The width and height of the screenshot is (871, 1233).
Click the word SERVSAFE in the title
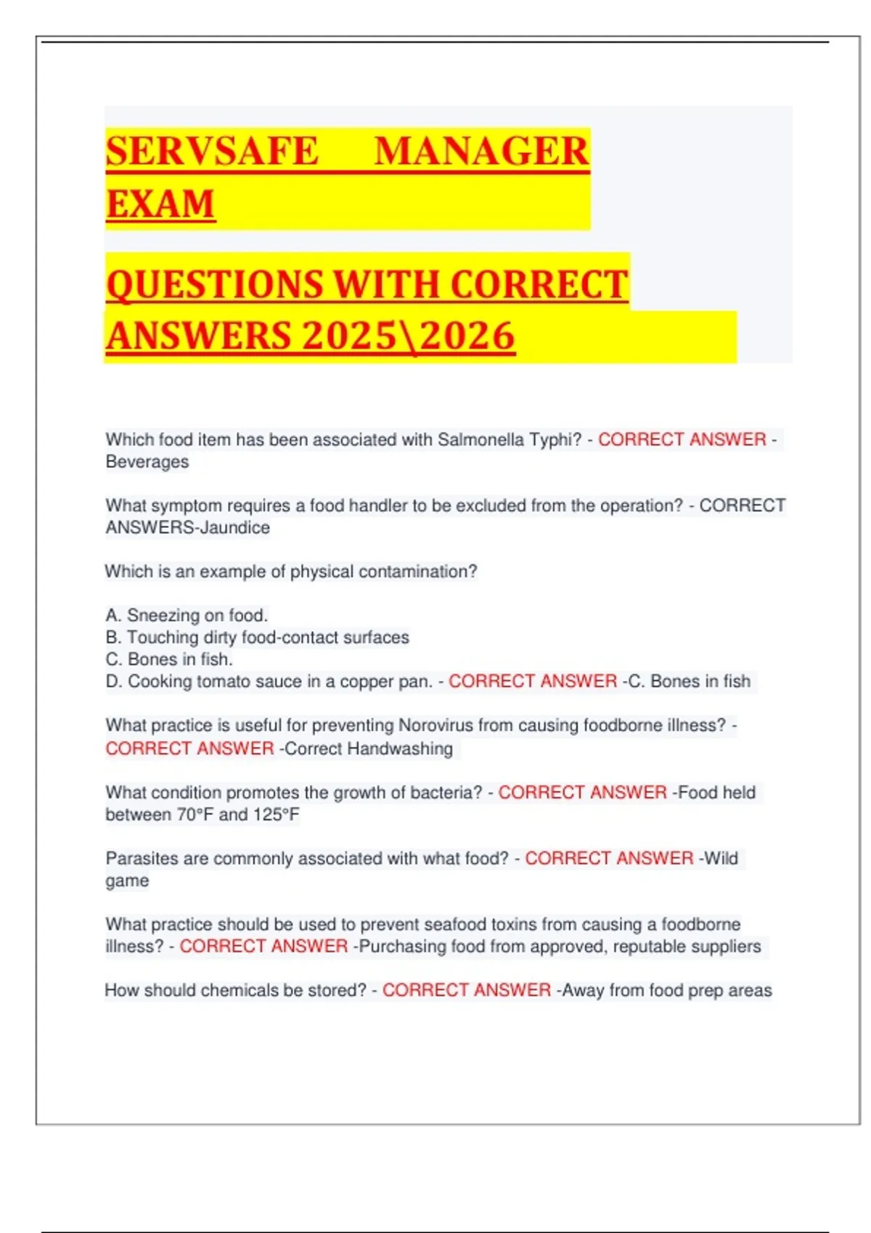212,151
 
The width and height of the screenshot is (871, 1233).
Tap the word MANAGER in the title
481,151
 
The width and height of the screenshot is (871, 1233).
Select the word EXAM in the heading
160,203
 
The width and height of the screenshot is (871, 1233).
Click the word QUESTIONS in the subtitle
215,284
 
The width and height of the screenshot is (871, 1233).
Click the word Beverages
147,462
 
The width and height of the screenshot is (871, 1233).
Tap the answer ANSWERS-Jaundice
187,528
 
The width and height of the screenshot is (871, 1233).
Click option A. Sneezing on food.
187,615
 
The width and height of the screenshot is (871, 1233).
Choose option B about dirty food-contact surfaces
258,638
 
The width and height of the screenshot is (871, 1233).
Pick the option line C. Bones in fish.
169,659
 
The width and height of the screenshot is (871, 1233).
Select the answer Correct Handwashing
369,749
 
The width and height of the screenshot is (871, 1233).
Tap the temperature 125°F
276,815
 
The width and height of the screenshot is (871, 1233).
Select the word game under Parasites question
127,881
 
